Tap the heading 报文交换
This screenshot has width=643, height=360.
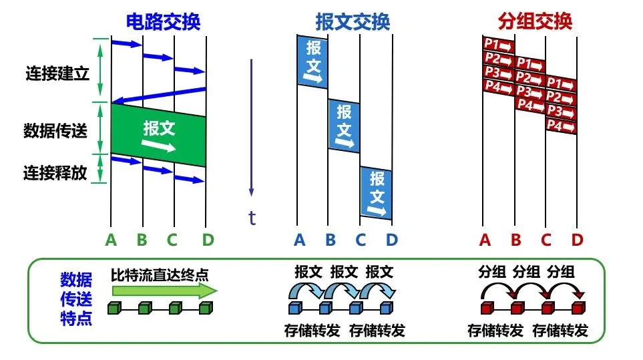[x=353, y=21]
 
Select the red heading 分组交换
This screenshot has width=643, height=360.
[x=535, y=21]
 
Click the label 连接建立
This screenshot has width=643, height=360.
[x=56, y=73]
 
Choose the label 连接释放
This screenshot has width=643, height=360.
[x=55, y=173]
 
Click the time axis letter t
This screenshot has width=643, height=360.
[x=252, y=218]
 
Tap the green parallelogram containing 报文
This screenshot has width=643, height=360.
[x=158, y=135]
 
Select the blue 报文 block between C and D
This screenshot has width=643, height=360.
[x=376, y=193]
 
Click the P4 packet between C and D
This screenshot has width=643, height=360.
[x=561, y=125]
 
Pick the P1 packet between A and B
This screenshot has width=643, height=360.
[x=497, y=45]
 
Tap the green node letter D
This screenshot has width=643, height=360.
[x=206, y=239]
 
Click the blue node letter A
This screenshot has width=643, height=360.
[x=299, y=239]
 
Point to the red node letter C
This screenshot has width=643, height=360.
[x=546, y=239]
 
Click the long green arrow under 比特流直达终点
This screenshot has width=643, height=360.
[x=164, y=291]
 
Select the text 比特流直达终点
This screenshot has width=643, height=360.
[x=160, y=273]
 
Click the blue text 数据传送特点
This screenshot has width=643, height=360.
[x=76, y=298]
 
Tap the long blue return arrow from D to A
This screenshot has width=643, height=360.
[x=158, y=95]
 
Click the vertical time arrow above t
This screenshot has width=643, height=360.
[x=252, y=127]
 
